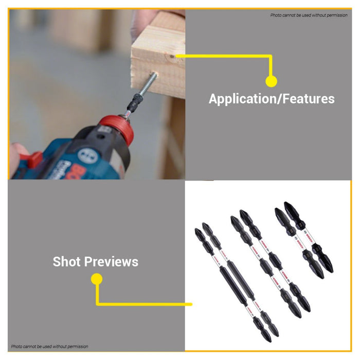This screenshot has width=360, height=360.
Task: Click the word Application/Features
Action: tap(272, 99)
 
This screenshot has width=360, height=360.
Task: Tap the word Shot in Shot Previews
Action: tap(67, 262)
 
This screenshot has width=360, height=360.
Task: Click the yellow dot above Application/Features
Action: tap(271, 81)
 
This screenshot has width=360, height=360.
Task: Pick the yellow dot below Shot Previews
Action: tap(96, 279)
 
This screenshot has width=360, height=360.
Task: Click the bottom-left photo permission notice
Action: tap(49, 347)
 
